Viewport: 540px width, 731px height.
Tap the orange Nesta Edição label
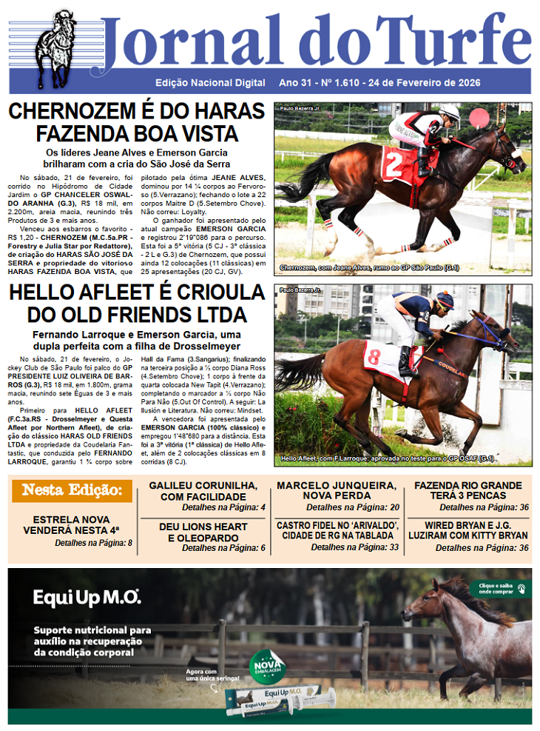[72, 490]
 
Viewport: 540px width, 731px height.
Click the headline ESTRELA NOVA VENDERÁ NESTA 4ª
[76, 525]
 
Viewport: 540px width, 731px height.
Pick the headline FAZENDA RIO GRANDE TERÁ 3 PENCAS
[471, 490]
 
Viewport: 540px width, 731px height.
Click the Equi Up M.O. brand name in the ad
[87, 597]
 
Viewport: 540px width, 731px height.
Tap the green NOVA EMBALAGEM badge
[266, 661]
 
